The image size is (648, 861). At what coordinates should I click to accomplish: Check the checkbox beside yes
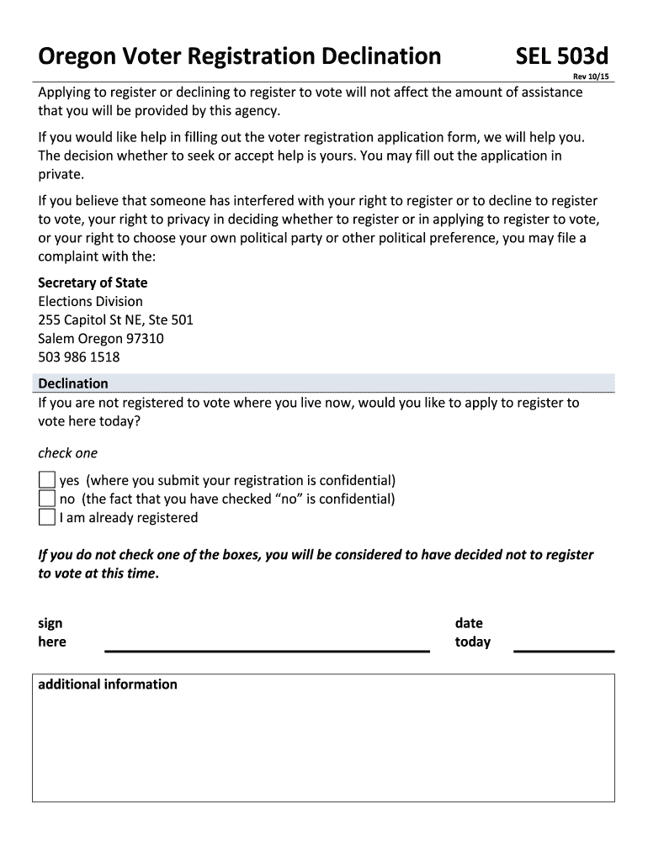tap(47, 480)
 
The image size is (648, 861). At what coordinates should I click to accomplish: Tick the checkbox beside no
tap(47, 499)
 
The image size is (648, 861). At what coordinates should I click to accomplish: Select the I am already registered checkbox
tap(47, 517)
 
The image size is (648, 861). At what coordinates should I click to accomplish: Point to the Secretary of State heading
tap(93, 283)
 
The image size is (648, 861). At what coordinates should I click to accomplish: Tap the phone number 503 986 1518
tap(79, 357)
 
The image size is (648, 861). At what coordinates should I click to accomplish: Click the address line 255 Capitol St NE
tap(115, 320)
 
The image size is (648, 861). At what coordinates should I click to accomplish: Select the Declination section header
tap(73, 383)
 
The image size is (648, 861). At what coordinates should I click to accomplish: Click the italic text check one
tap(68, 453)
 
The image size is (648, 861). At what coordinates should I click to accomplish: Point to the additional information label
tap(108, 684)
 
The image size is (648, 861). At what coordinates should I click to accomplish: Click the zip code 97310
tap(144, 338)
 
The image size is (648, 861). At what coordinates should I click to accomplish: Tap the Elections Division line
tap(90, 301)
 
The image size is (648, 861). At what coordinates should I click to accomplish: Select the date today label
tap(472, 632)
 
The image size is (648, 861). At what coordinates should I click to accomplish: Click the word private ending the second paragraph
tap(61, 174)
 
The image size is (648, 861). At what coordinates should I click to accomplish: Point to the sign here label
tap(51, 632)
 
